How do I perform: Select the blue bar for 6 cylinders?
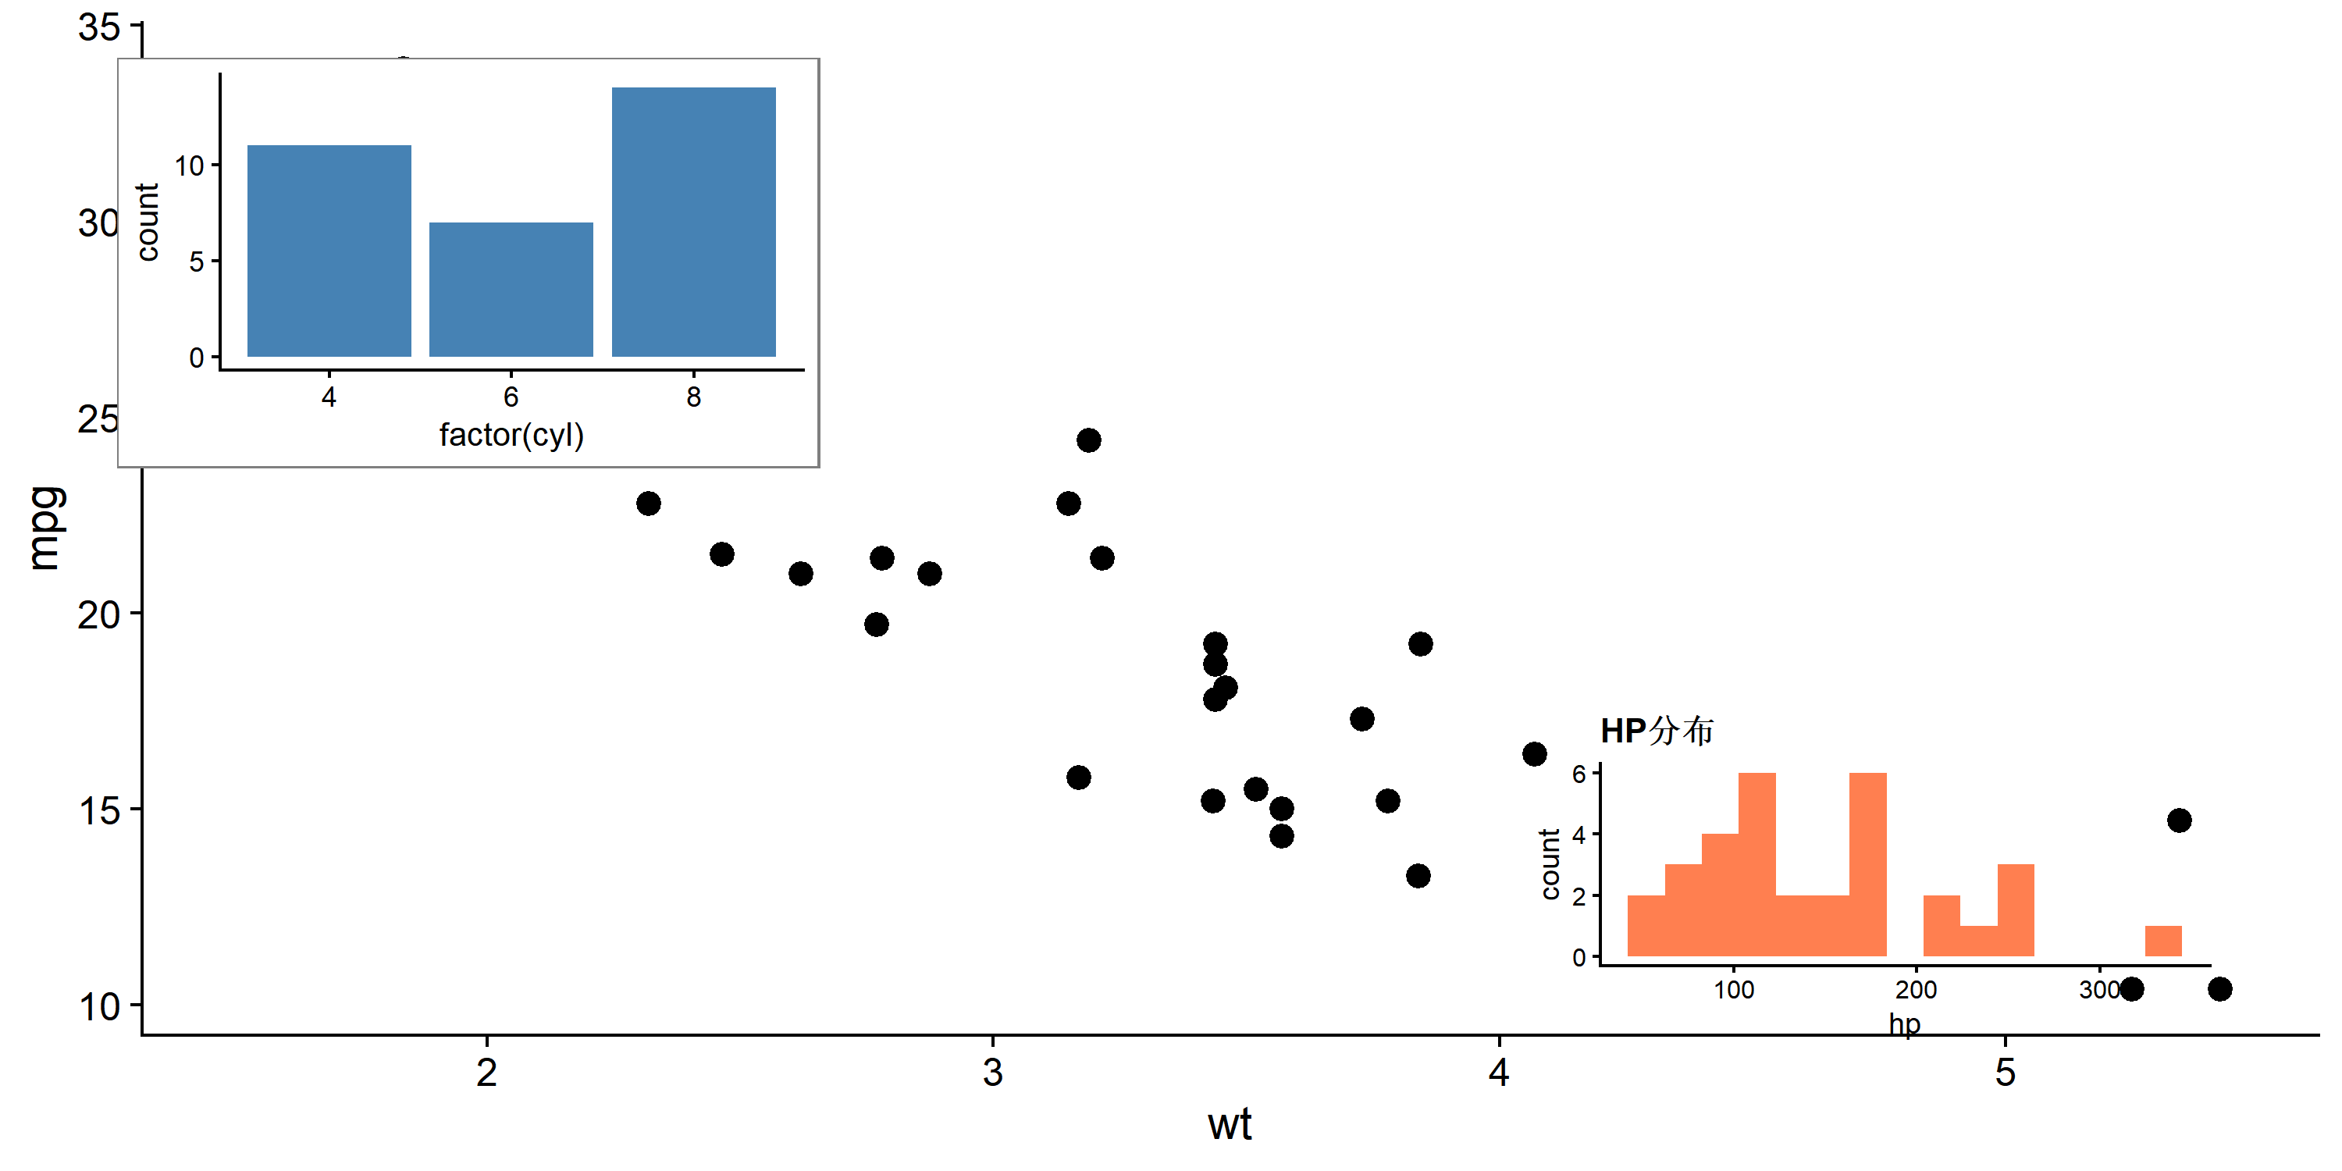[x=511, y=289]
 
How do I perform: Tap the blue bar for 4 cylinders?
[x=329, y=251]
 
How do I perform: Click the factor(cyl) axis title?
[x=511, y=436]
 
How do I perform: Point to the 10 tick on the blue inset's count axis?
[x=189, y=166]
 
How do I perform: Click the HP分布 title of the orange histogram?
[x=1657, y=731]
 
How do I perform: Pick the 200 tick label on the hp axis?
[x=1916, y=990]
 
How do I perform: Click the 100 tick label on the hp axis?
[x=1734, y=990]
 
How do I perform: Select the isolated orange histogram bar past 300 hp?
[x=2163, y=941]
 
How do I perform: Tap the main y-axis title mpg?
[x=45, y=529]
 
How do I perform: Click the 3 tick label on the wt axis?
[x=993, y=1073]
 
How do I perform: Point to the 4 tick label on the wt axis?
[x=1498, y=1073]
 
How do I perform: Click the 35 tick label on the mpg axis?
[x=99, y=27]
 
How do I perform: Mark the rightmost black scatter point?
[x=2219, y=989]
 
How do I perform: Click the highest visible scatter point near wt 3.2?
[x=1088, y=441]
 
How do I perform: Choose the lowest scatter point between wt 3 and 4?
[x=1418, y=877]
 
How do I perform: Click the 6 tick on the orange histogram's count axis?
[x=1579, y=774]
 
